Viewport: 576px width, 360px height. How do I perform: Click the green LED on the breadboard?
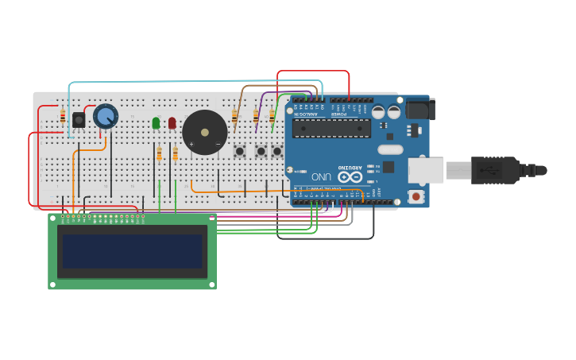pyautogui.click(x=156, y=122)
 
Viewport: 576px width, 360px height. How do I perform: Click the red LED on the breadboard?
pyautogui.click(x=172, y=122)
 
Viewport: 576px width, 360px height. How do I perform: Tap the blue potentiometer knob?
pyautogui.click(x=106, y=117)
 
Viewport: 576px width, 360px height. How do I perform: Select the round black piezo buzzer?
pyautogui.click(x=205, y=133)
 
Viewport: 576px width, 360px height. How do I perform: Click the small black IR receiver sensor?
pyautogui.click(x=79, y=120)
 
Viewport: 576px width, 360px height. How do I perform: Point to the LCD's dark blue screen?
pyautogui.click(x=132, y=251)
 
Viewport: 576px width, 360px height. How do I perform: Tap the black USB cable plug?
pyautogui.click(x=497, y=170)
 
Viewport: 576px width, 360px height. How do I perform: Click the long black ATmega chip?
pyautogui.click(x=331, y=128)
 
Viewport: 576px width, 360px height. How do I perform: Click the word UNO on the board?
pyautogui.click(x=321, y=176)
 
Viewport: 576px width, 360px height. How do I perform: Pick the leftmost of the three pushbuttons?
pyautogui.click(x=239, y=150)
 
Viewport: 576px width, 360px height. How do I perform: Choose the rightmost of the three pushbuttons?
pyautogui.click(x=276, y=150)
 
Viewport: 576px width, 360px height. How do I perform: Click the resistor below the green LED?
pyautogui.click(x=159, y=153)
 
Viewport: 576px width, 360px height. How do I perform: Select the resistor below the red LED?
pyautogui.click(x=175, y=153)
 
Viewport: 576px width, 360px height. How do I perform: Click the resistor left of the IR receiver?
pyautogui.click(x=63, y=118)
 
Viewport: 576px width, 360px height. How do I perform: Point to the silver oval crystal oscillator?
pyautogui.click(x=390, y=149)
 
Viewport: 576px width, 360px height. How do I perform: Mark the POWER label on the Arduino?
pyautogui.click(x=339, y=115)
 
